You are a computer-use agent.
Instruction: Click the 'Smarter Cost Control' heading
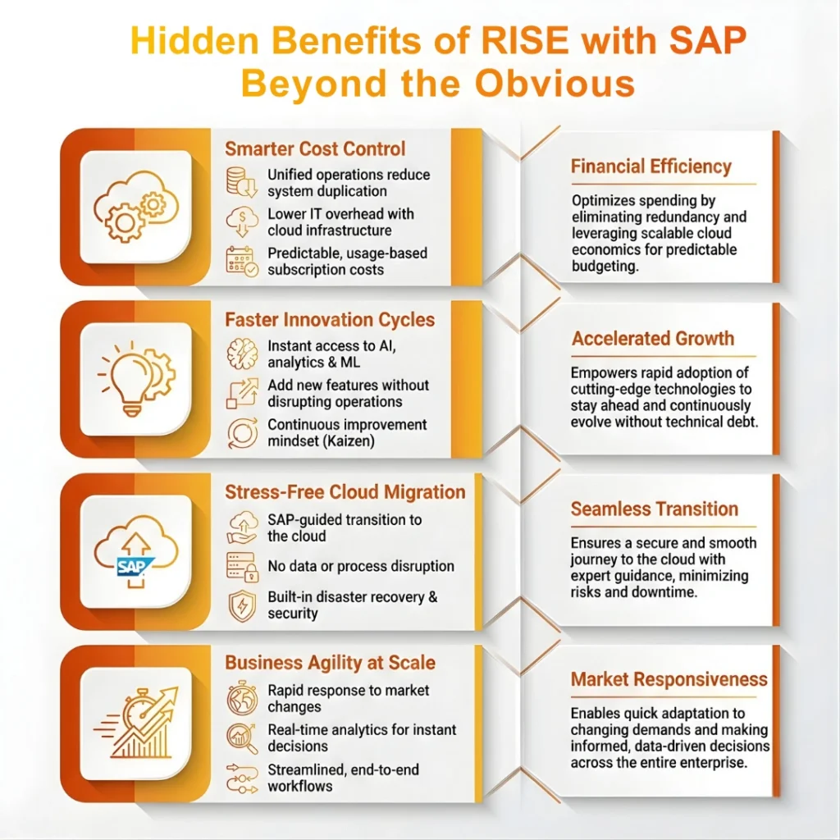pos(315,149)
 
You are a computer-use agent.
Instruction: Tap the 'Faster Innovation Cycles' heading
pos(330,320)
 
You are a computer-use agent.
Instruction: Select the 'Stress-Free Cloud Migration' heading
pos(345,492)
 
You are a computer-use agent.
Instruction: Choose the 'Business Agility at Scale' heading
pos(330,663)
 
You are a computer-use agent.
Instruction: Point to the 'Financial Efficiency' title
pos(651,167)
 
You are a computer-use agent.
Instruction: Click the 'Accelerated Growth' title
pos(653,339)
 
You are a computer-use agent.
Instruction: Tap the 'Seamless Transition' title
pos(655,509)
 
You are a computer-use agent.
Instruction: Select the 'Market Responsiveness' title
pos(669,679)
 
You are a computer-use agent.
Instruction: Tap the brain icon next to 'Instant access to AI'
pos(240,354)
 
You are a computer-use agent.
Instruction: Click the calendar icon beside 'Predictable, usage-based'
pos(240,261)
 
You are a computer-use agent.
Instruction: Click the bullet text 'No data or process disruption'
pos(361,566)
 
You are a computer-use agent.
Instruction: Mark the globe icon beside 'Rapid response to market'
pos(240,699)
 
